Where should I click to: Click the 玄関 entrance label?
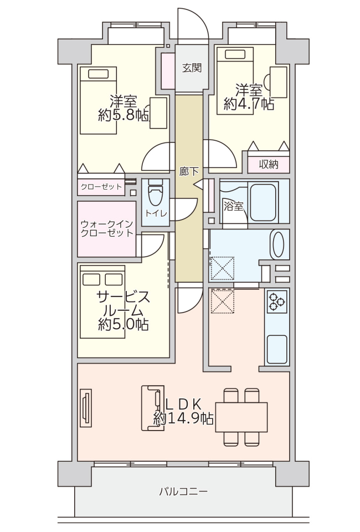click(192, 68)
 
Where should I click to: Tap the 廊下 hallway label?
click(189, 172)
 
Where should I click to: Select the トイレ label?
click(156, 213)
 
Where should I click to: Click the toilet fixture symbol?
click(156, 193)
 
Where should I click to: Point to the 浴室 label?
click(234, 206)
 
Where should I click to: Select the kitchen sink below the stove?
click(277, 349)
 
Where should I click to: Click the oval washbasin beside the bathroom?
click(279, 244)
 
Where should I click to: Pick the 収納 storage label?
click(269, 165)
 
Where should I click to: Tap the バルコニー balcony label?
click(183, 492)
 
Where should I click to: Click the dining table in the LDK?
click(241, 417)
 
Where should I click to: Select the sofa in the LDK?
click(152, 408)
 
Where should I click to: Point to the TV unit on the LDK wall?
click(86, 408)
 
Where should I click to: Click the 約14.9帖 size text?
click(184, 419)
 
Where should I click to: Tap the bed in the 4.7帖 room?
click(235, 81)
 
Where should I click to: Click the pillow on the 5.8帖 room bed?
click(99, 74)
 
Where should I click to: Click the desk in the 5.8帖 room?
click(158, 113)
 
